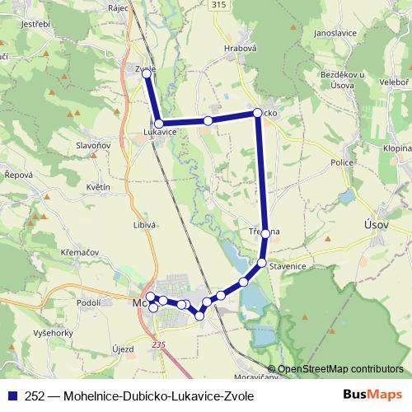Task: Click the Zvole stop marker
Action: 147,74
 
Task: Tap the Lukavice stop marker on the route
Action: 158,124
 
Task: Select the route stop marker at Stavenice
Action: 262,263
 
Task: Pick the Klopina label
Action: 397,147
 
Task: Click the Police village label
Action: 342,163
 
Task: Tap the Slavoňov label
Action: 93,146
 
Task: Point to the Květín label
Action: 98,187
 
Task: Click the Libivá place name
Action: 145,224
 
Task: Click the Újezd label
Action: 123,350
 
